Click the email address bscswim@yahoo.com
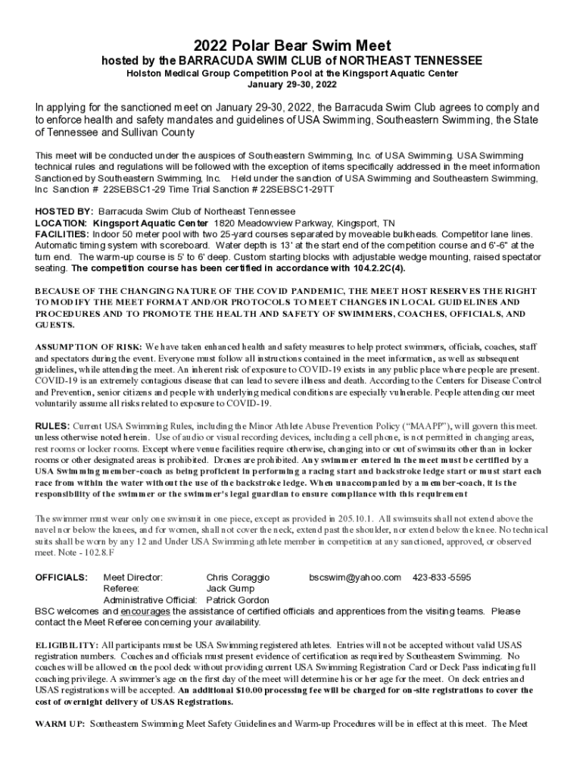[354, 577]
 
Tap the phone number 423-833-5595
[441, 577]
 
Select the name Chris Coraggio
[237, 577]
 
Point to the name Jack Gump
[232, 589]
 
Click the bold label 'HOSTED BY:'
[64, 211]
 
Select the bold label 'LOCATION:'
[62, 224]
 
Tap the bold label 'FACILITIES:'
[64, 235]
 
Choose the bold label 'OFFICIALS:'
[61, 577]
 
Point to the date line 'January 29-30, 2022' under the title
[291, 84]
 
